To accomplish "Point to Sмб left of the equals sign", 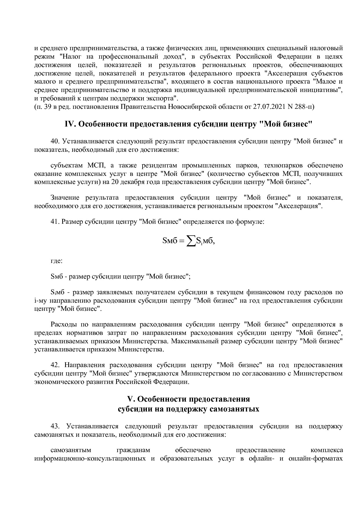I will click(170, 241).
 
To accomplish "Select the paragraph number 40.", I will click(55, 142).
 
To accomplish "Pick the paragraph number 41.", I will click(55, 222).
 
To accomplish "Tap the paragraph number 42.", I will click(55, 365).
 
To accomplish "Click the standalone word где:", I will click(56, 261).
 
